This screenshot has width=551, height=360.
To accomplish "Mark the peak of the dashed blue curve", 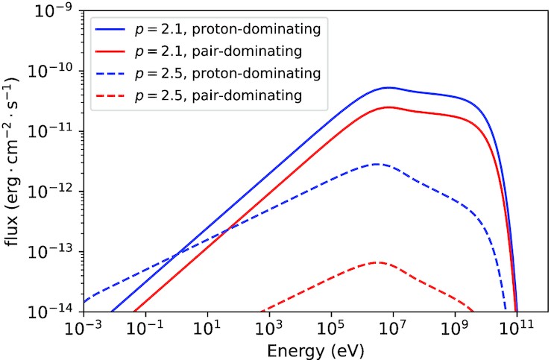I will (x=377, y=164).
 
